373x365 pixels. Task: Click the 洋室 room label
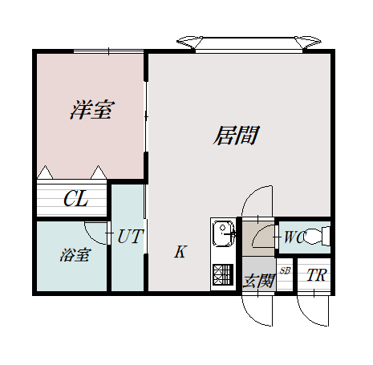pyautogui.click(x=92, y=110)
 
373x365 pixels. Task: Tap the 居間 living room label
pyautogui.click(x=237, y=136)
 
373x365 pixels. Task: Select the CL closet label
pyautogui.click(x=76, y=198)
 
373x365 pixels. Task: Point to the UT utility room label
pyautogui.click(x=129, y=236)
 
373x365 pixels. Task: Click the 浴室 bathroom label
pyautogui.click(x=75, y=255)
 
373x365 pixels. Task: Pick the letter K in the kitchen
pyautogui.click(x=180, y=252)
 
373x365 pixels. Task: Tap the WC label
pyautogui.click(x=294, y=237)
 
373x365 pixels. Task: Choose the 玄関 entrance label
pyautogui.click(x=258, y=281)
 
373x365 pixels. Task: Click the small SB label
pyautogui.click(x=285, y=271)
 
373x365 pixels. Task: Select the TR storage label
pyautogui.click(x=317, y=275)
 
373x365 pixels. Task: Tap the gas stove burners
pyautogui.click(x=223, y=274)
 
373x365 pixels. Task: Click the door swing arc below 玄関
pyautogui.click(x=249, y=316)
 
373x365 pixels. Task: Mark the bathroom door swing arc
pyautogui.click(x=91, y=237)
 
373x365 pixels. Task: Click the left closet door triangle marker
pyautogui.click(x=45, y=172)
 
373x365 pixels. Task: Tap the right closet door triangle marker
pyautogui.click(x=99, y=172)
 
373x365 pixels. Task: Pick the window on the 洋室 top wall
pyautogui.click(x=108, y=51)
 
